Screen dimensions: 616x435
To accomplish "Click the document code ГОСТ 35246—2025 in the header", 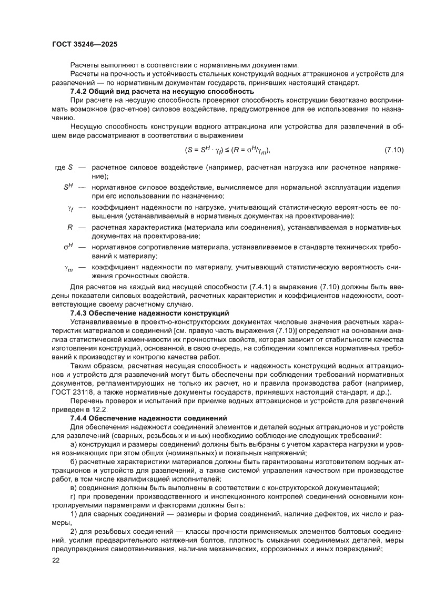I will coord(85,44).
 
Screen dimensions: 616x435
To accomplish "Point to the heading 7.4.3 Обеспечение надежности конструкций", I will coord(149,313).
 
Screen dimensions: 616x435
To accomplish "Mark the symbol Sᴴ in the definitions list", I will coord(68,187).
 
